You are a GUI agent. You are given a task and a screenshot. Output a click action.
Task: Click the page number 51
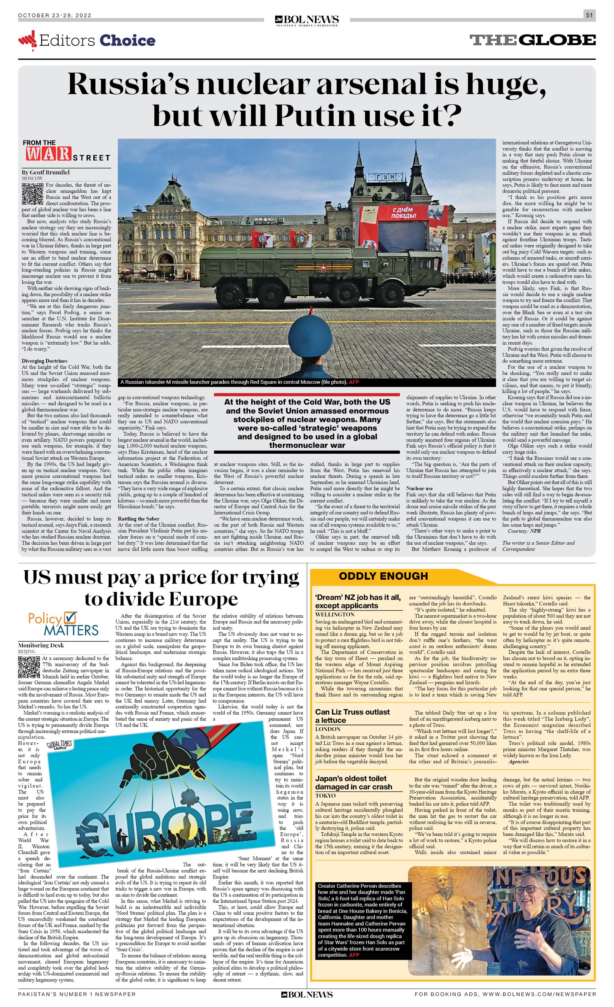[589, 15]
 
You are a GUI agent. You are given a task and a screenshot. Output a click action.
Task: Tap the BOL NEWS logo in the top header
[307, 20]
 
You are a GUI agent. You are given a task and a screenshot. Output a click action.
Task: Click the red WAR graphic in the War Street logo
[48, 153]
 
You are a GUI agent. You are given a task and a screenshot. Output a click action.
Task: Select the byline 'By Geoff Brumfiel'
[46, 172]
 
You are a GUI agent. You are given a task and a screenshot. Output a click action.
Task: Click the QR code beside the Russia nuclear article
[32, 194]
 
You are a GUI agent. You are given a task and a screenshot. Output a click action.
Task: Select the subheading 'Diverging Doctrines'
[45, 361]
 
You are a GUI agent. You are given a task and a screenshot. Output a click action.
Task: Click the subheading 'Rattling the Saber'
[139, 519]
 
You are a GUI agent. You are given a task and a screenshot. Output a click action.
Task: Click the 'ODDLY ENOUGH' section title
[383, 576]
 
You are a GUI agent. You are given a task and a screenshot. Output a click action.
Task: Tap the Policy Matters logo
[63, 624]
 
